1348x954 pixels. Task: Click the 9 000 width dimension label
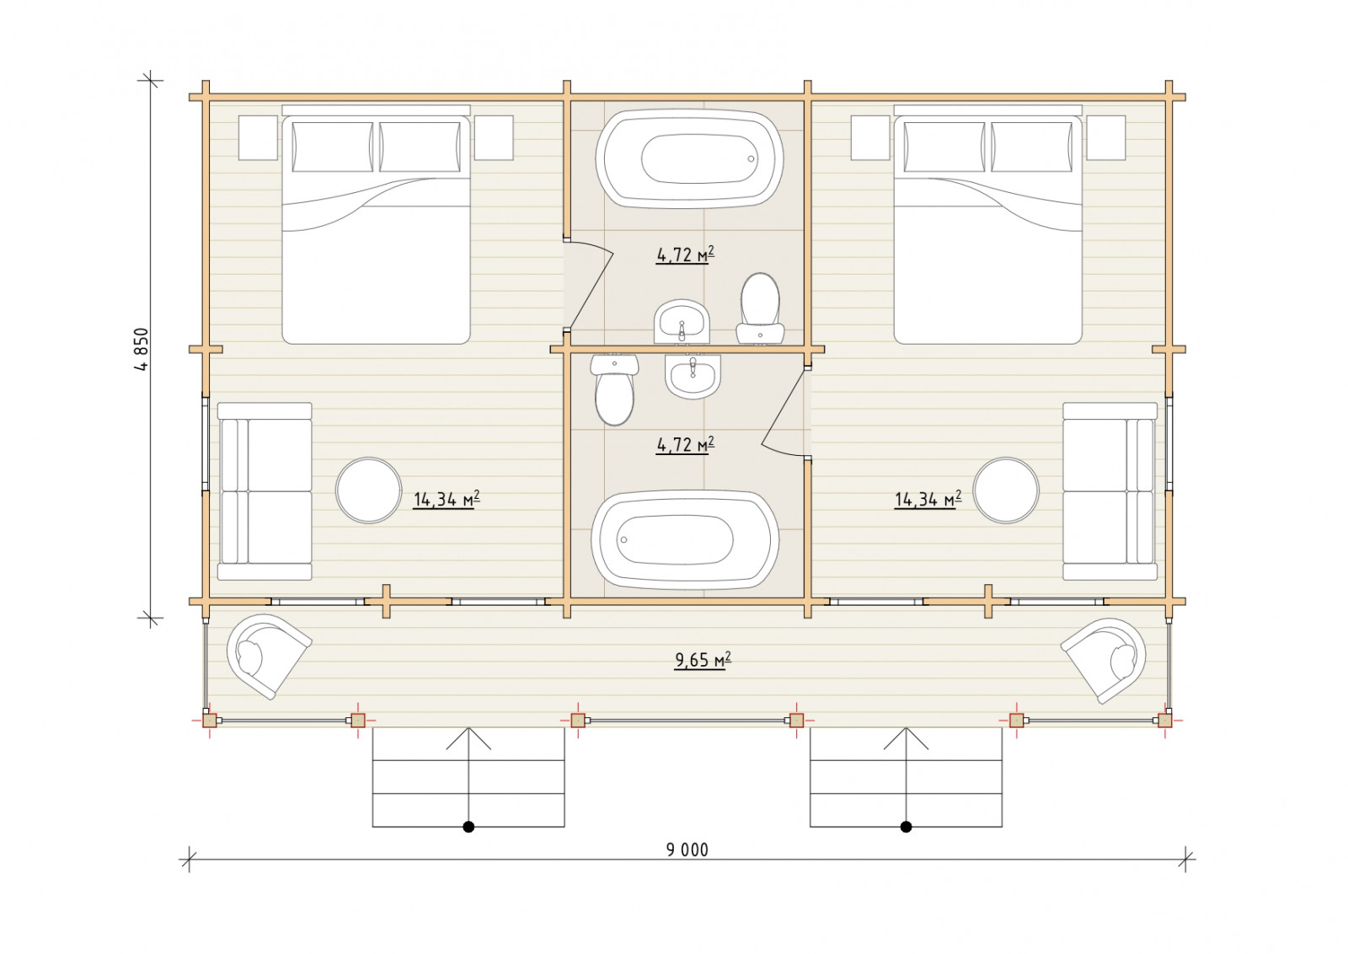687,849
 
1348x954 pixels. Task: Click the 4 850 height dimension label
142,349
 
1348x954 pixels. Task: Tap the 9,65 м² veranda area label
703,660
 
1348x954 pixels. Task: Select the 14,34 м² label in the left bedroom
446,499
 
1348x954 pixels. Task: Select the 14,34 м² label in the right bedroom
928,499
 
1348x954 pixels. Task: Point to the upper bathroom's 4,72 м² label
685,255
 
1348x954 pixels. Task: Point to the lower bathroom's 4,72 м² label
685,444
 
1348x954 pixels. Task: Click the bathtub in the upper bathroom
690,159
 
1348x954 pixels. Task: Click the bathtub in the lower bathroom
685,540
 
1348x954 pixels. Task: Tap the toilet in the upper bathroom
760,309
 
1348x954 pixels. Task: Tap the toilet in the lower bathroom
614,389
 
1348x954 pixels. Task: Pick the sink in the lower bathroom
693,376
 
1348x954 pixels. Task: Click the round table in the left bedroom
368,490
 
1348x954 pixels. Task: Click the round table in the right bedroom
1006,490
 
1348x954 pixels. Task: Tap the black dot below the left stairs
468,827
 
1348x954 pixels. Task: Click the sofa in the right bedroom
1110,491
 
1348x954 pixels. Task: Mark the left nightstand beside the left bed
258,138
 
